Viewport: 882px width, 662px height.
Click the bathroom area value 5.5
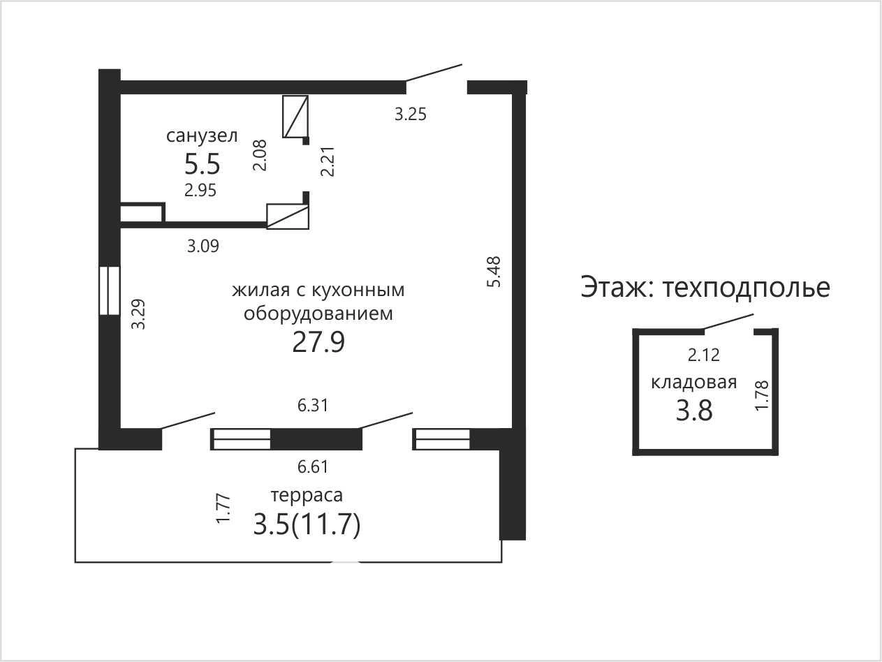tap(202, 164)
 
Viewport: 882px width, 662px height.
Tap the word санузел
tap(202, 135)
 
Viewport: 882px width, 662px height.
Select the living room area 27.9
tap(318, 342)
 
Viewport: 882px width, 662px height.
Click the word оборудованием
tap(318, 314)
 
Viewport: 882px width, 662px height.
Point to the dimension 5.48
tap(494, 272)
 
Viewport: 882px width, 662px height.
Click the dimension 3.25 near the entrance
tap(410, 115)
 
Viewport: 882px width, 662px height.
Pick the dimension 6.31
tap(313, 406)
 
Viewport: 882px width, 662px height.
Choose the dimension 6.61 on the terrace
tap(313, 466)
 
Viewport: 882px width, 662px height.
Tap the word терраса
tap(307, 495)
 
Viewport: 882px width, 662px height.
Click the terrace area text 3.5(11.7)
tap(307, 525)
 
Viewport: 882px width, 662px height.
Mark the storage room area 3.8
tap(694, 411)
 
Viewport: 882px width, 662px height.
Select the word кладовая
tap(694, 383)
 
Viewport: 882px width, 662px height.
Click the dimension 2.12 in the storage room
tap(704, 355)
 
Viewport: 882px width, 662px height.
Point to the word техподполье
tap(747, 288)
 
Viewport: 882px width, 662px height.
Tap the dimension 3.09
tap(203, 246)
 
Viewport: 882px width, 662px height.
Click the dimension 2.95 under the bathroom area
tap(200, 191)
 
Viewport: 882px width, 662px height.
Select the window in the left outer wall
tap(110, 290)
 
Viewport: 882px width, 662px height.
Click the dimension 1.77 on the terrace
tap(223, 508)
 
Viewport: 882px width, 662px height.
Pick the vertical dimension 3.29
tap(139, 314)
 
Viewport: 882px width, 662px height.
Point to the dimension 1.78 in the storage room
tap(762, 396)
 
